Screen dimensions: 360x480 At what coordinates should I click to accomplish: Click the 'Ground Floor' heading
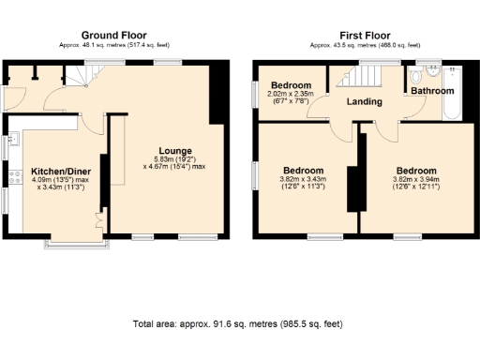pyautogui.click(x=113, y=35)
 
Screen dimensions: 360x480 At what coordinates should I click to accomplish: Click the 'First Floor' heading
pyautogui.click(x=366, y=35)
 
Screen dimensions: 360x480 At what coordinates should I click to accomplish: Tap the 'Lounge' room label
pyautogui.click(x=175, y=150)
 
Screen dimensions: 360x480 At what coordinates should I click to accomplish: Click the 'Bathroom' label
pyautogui.click(x=431, y=91)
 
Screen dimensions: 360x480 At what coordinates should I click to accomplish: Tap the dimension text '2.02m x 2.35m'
pyautogui.click(x=289, y=94)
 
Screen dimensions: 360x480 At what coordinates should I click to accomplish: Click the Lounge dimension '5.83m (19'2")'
pyautogui.click(x=175, y=159)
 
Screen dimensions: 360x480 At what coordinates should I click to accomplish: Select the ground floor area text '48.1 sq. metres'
pyautogui.click(x=113, y=44)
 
